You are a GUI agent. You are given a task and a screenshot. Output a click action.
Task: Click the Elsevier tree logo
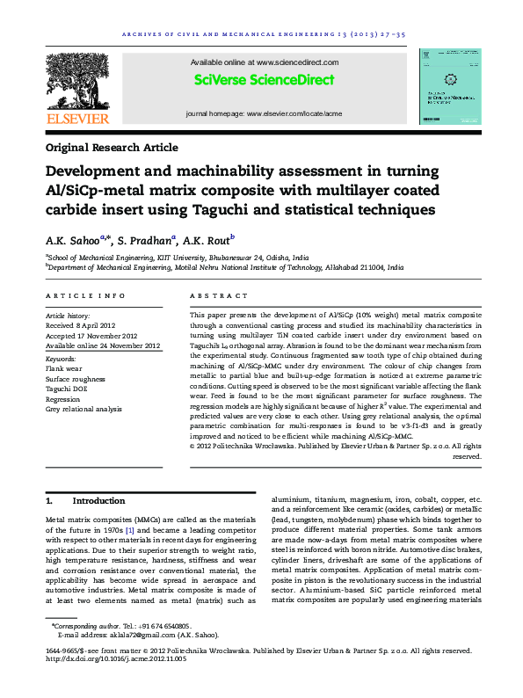(77, 84)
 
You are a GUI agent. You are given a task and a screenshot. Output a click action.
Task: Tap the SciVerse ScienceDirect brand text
(265, 80)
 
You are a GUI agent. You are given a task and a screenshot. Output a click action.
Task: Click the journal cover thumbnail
(449, 85)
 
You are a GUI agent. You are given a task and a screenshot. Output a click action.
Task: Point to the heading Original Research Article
(112, 148)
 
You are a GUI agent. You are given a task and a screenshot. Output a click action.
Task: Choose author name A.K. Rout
(209, 240)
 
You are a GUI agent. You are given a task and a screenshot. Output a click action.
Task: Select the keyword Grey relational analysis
(84, 409)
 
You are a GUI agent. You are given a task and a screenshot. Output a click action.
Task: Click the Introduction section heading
(98, 500)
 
